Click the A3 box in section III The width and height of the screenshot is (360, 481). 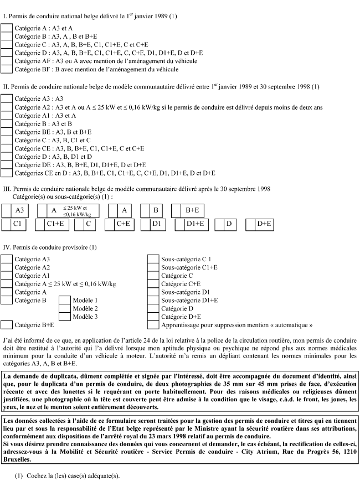7,210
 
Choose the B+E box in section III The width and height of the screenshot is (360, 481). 177,210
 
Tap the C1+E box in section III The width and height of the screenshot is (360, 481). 40,224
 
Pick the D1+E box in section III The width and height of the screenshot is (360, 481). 180,224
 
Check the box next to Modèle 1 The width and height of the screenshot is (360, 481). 64,300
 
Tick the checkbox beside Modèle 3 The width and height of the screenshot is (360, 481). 64,317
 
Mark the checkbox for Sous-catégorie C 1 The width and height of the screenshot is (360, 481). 153,258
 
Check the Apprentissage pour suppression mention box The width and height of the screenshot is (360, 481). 153,325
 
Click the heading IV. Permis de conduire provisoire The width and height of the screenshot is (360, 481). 50,247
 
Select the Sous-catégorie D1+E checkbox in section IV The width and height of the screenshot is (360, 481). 153,300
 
